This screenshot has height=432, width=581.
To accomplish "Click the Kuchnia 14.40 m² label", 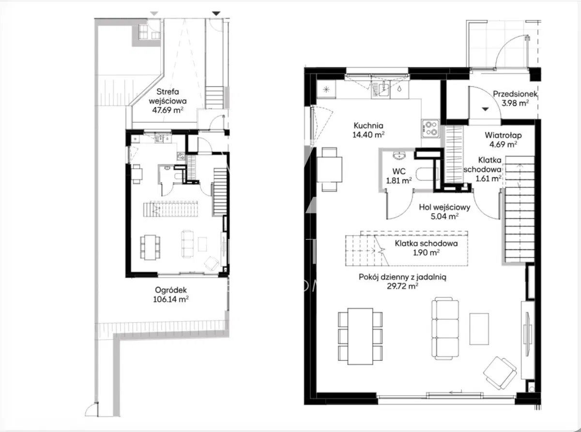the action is click(x=368, y=130).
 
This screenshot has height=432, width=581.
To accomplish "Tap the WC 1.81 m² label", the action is click(x=398, y=176).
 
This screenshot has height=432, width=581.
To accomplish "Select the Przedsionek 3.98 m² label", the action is click(x=515, y=98).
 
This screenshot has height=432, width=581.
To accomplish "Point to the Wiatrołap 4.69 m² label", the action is click(x=503, y=140).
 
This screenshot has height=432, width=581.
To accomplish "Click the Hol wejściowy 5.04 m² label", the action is click(x=444, y=212).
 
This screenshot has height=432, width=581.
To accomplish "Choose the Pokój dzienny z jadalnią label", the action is click(x=402, y=277).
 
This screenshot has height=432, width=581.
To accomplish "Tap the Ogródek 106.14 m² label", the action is click(x=171, y=295).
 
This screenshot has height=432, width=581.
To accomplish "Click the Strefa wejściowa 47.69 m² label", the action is click(x=168, y=101).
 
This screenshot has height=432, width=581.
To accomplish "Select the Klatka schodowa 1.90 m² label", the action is click(x=426, y=248).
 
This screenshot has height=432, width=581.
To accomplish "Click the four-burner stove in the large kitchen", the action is click(x=430, y=128).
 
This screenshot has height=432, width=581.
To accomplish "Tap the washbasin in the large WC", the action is click(x=399, y=155).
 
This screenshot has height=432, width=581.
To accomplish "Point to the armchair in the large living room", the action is click(x=500, y=373).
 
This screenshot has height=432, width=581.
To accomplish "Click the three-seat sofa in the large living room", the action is click(x=445, y=328).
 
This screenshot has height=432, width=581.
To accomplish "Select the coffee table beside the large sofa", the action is click(x=479, y=329).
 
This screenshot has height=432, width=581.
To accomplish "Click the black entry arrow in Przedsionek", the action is click(x=486, y=109).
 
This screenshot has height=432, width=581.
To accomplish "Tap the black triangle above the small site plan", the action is click(x=216, y=14).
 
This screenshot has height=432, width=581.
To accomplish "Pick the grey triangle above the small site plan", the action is click(x=154, y=14).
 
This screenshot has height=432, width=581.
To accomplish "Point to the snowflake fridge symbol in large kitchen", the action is click(x=326, y=90).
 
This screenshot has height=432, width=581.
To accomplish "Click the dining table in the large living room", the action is click(x=360, y=336).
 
